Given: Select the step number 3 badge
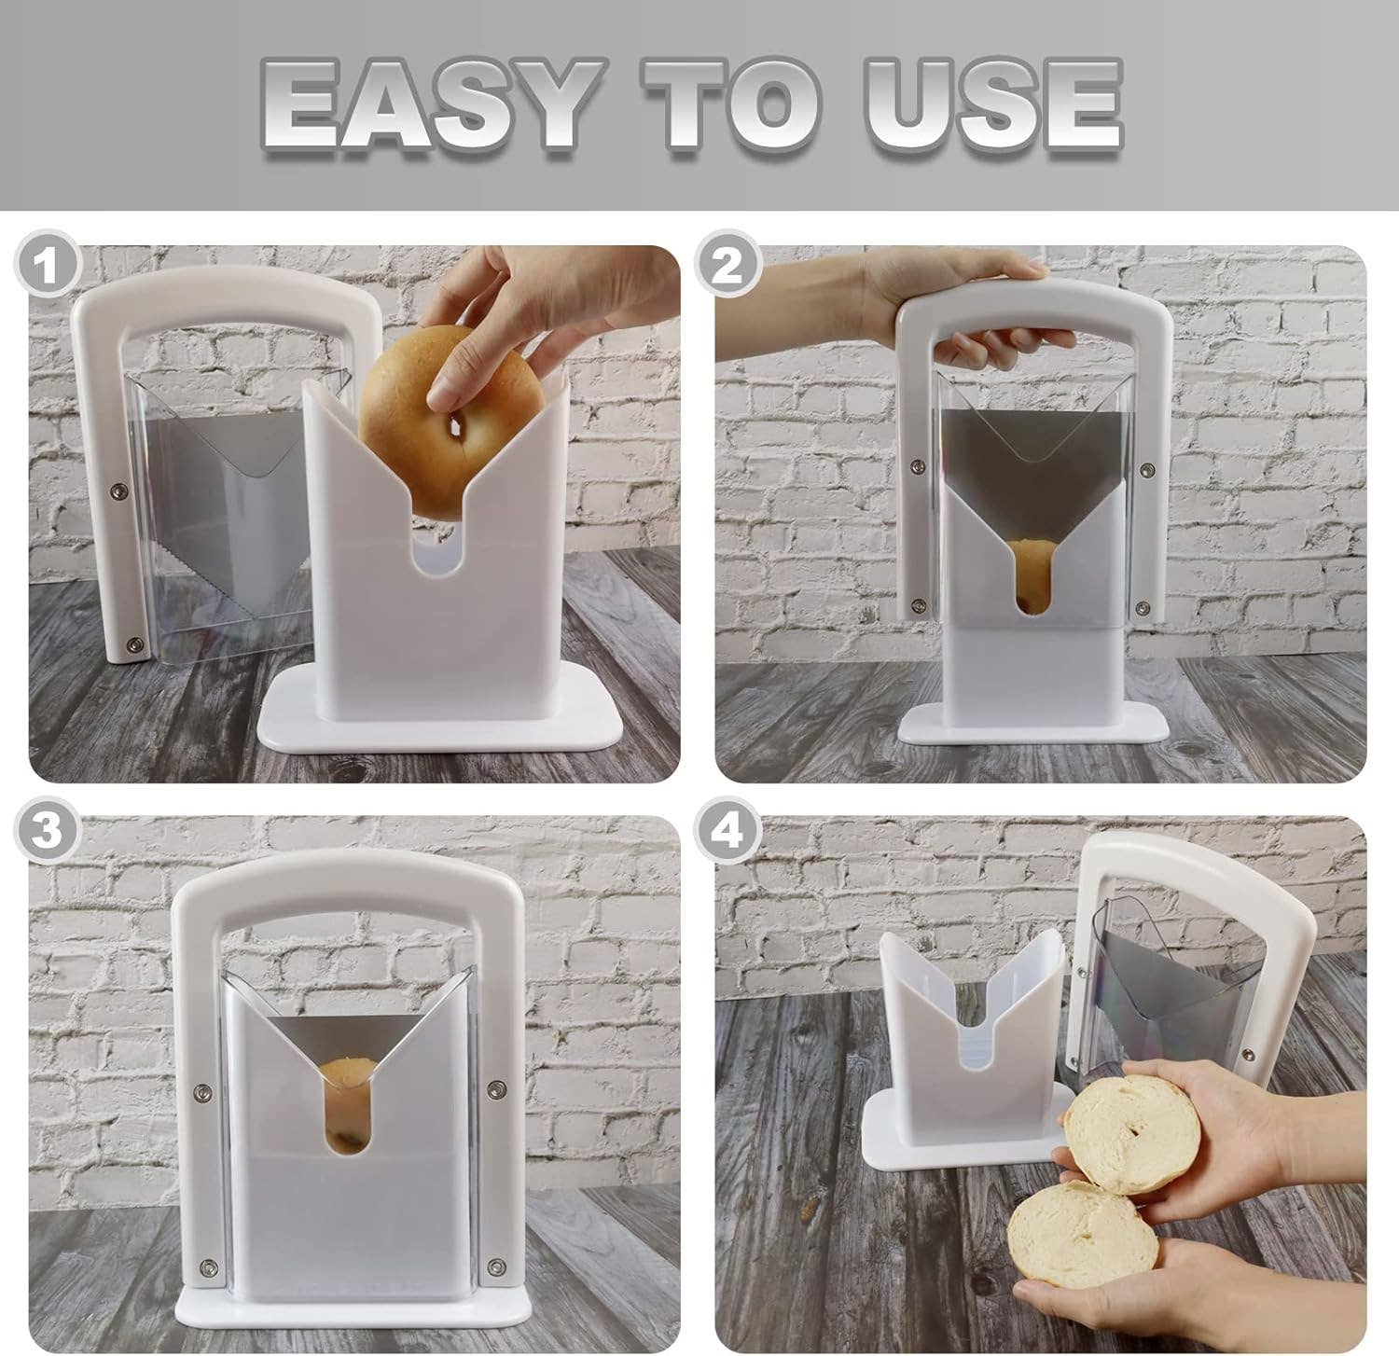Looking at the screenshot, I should tap(45, 830).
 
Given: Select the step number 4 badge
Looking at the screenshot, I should tap(729, 830).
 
